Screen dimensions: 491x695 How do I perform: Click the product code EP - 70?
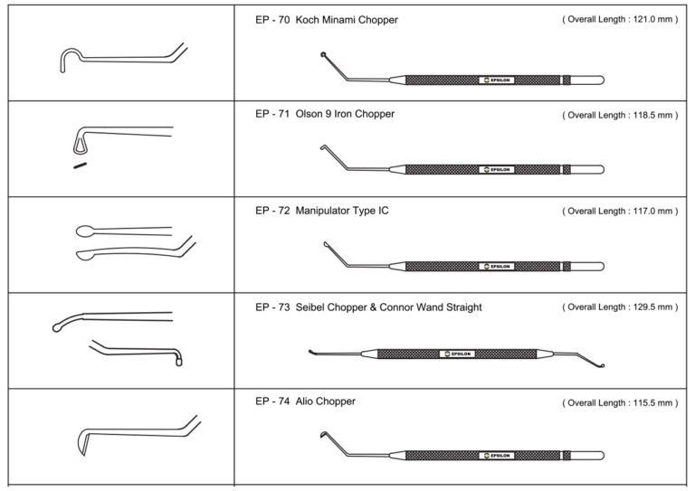click(x=272, y=19)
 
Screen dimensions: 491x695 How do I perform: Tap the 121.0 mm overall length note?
click(x=619, y=19)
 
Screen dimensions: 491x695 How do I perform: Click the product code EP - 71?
click(x=272, y=115)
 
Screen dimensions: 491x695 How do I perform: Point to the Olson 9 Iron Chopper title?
click(x=345, y=115)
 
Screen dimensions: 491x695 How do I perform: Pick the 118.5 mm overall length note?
click(x=619, y=115)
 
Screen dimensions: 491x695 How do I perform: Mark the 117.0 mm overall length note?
click(x=619, y=211)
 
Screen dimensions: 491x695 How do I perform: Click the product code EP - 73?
click(x=272, y=307)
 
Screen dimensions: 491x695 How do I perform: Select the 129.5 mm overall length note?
click(x=619, y=307)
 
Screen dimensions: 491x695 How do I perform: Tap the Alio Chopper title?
click(x=325, y=401)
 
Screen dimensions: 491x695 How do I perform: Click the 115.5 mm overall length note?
click(x=619, y=401)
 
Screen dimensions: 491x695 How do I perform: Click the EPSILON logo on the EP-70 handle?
click(x=496, y=80)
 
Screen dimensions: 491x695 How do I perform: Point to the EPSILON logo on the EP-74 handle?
click(x=496, y=455)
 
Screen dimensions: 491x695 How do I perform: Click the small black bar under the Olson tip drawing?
click(x=80, y=165)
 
